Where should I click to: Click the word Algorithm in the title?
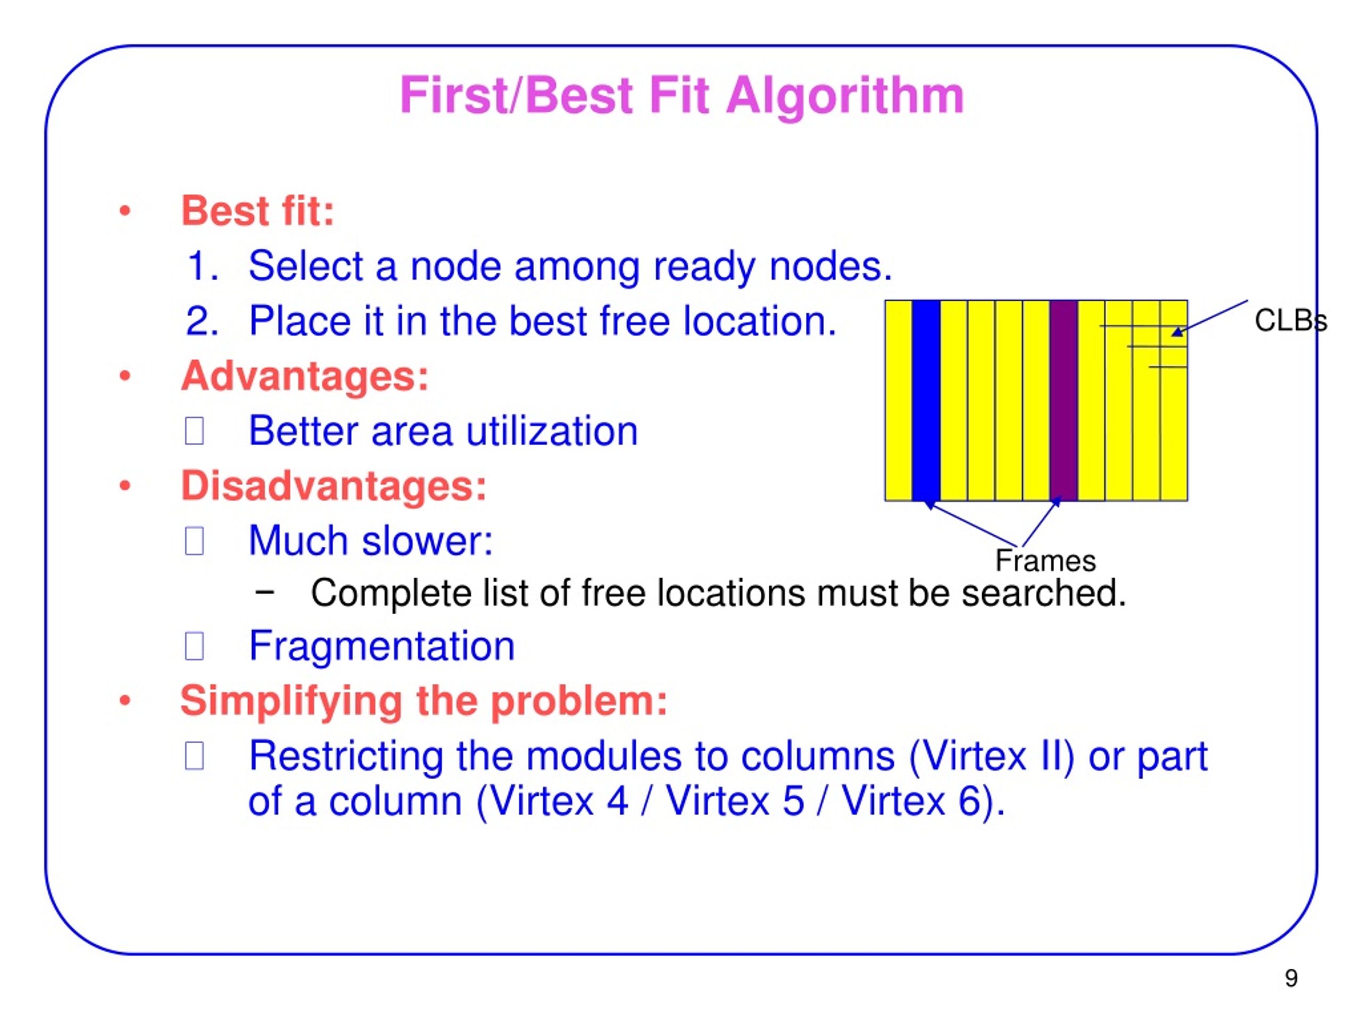tap(845, 96)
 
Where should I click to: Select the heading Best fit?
tap(258, 211)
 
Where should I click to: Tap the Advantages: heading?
tap(305, 376)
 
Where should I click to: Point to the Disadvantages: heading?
tap(334, 485)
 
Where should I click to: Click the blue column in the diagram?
tap(926, 400)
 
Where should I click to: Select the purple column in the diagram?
tap(1064, 400)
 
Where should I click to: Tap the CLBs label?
tap(1290, 321)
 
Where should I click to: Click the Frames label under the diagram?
tap(1045, 561)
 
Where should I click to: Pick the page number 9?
tap(1291, 978)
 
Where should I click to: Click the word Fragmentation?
tap(382, 646)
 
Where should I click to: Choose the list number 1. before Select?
tap(203, 266)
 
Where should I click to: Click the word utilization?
tap(552, 431)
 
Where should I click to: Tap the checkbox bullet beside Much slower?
tap(195, 541)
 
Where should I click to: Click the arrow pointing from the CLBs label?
tap(1210, 318)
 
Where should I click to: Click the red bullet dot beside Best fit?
tap(125, 211)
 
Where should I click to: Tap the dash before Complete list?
tap(264, 592)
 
